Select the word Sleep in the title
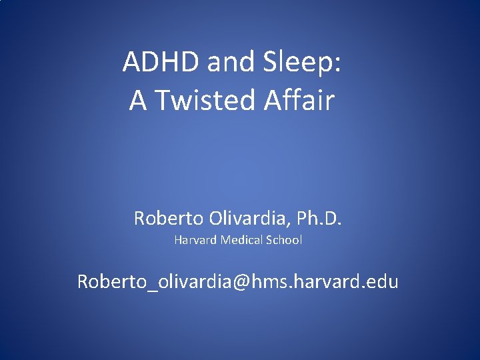(299, 63)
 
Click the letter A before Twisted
(138, 101)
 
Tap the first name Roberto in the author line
(163, 218)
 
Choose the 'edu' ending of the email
(381, 282)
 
